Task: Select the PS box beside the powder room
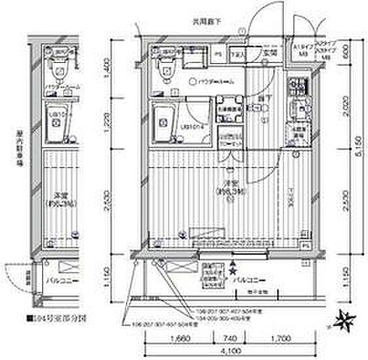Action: point(218,54)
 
